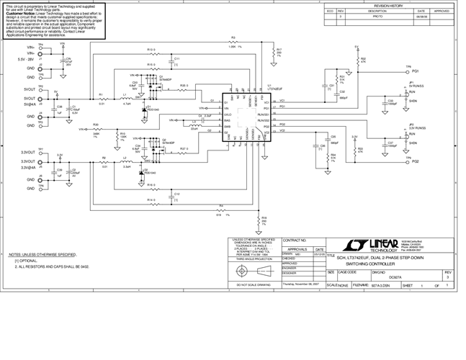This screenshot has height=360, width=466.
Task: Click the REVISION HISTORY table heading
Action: point(387,4)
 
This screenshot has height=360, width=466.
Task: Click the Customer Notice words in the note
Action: point(21,13)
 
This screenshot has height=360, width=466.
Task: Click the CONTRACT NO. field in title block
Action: point(295,240)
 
